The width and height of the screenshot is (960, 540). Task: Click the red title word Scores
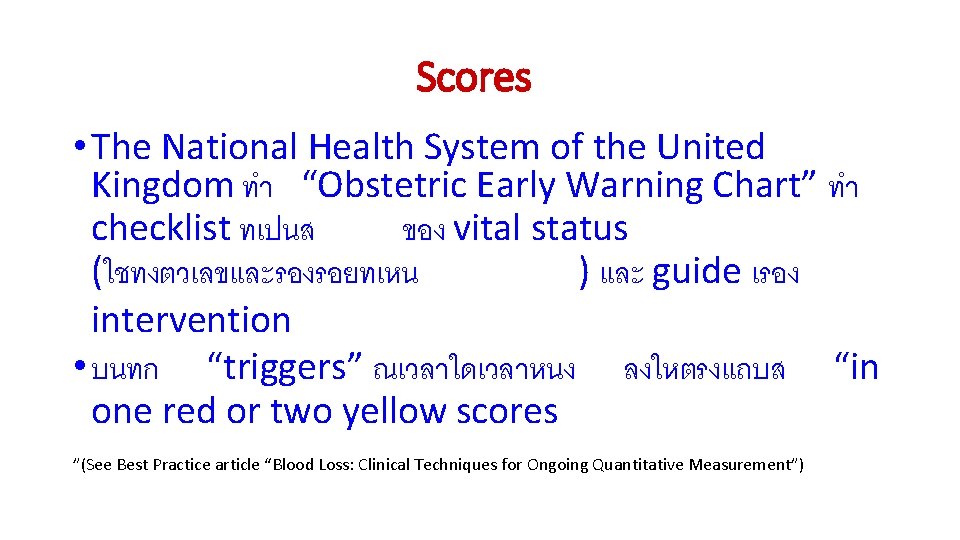(473, 77)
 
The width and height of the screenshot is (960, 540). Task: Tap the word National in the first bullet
(230, 147)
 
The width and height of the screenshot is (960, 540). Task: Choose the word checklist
(160, 229)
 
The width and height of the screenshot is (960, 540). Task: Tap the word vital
(488, 229)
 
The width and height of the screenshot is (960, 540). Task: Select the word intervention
(190, 320)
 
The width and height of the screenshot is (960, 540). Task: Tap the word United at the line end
(710, 147)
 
